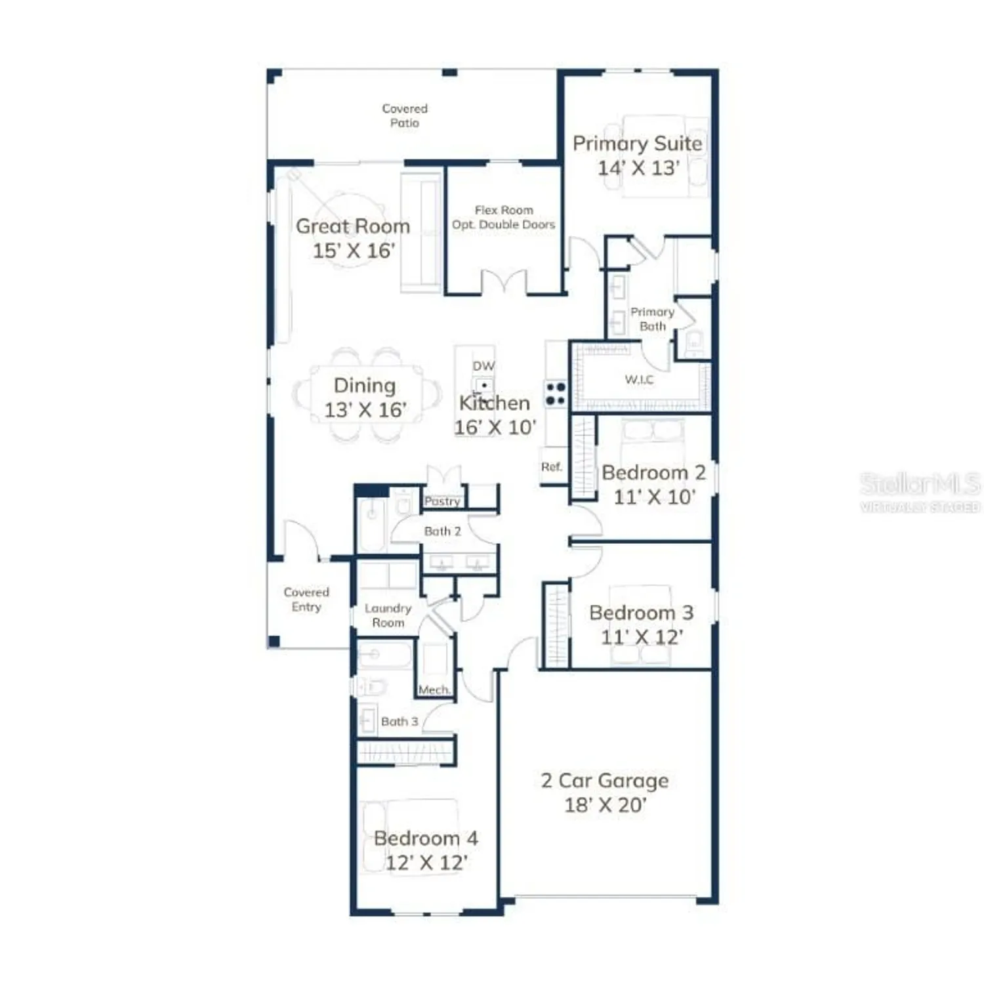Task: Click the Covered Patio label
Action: [x=405, y=115]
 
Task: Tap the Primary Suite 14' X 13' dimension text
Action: [x=638, y=168]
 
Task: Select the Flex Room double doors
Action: [x=504, y=281]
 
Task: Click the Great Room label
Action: [x=353, y=226]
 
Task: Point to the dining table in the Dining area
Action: [x=366, y=396]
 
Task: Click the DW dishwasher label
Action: [x=483, y=366]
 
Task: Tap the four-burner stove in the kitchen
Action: [x=556, y=394]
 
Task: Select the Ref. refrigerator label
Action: [x=552, y=467]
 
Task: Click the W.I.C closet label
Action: [x=639, y=380]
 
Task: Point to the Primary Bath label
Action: [x=652, y=319]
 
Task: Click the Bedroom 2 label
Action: [x=653, y=473]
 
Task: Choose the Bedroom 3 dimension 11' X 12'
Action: [x=642, y=637]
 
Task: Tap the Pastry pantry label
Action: [x=442, y=501]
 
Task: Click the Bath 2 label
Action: [x=442, y=531]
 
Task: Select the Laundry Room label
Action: [x=388, y=615]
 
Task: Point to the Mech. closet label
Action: [x=434, y=690]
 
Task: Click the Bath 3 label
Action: [x=399, y=722]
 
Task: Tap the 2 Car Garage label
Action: [x=604, y=781]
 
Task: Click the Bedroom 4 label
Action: [x=426, y=838]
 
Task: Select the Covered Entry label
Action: [x=306, y=599]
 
